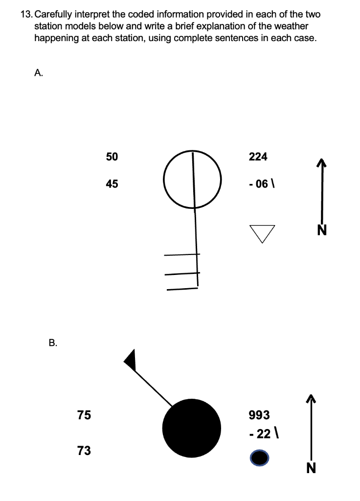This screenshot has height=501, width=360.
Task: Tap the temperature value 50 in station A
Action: [x=112, y=157]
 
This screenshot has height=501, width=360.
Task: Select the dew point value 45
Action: [x=112, y=184]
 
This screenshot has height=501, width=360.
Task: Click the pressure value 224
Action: [x=258, y=157]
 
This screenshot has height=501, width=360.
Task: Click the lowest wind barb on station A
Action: [x=182, y=289]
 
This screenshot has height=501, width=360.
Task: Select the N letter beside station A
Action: [x=321, y=229]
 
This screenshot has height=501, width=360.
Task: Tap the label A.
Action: [x=39, y=73]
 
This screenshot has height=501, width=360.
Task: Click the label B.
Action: [x=53, y=342]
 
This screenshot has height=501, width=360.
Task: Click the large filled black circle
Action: [x=192, y=428]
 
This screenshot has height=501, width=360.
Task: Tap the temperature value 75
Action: [x=84, y=415]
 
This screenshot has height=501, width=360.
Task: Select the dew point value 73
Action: [x=84, y=451]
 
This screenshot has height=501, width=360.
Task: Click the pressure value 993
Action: [x=259, y=415]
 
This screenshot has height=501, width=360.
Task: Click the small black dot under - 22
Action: [x=259, y=458]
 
